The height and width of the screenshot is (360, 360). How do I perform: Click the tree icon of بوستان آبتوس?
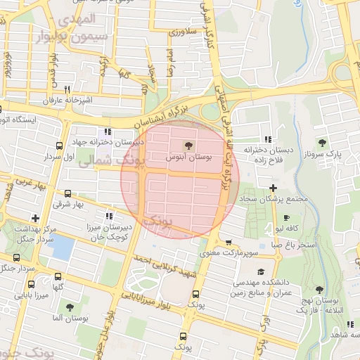188,146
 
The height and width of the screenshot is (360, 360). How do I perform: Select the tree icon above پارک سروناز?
323,143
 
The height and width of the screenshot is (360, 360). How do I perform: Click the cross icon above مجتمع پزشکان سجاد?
273,187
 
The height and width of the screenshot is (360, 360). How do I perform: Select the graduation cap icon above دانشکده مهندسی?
261,271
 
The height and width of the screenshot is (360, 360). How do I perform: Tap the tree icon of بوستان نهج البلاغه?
319,290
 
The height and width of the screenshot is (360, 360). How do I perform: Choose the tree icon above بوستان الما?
69,307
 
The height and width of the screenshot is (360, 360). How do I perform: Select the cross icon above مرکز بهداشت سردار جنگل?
35,218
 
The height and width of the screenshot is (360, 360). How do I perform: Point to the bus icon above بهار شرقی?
67,193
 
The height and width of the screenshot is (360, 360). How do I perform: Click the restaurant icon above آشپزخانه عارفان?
67,89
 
